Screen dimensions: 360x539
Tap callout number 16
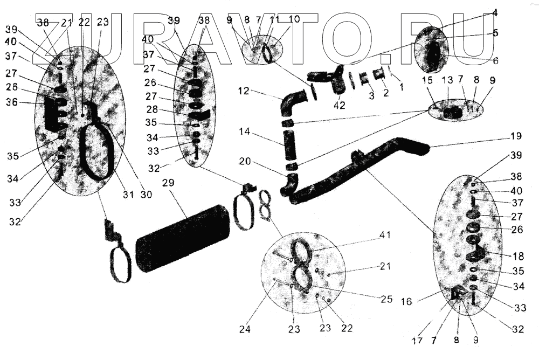pos(407,302)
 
